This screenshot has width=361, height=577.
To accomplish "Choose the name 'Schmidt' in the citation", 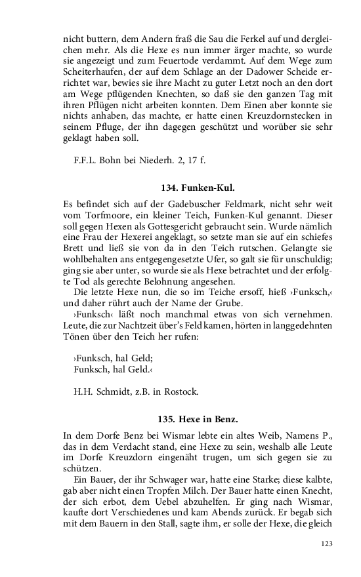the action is pyautogui.click(x=113, y=391).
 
